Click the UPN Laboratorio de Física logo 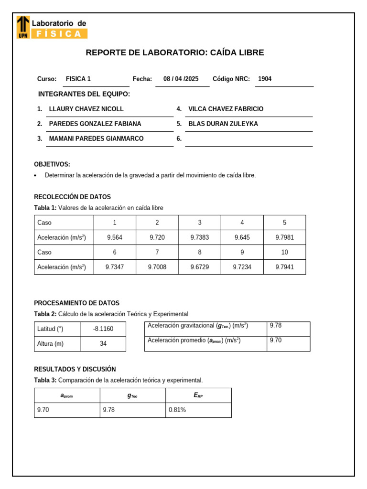[52, 27]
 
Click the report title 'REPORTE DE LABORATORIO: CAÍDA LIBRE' [174, 53]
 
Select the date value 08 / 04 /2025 [181, 79]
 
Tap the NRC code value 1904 [265, 79]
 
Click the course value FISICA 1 [78, 79]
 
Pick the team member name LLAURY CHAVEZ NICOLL [86, 109]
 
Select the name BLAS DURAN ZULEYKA [223, 124]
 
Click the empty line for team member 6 [248, 139]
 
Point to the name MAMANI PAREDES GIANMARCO [96, 138]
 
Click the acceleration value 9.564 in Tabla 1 [115, 237]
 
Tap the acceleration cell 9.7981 [284, 237]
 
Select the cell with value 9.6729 [200, 267]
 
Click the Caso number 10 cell [284, 252]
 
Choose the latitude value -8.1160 [103, 329]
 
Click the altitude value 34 [103, 344]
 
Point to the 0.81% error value [177, 410]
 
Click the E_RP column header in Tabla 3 [198, 395]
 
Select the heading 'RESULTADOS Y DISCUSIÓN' [75, 369]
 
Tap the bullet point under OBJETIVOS [36, 176]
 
